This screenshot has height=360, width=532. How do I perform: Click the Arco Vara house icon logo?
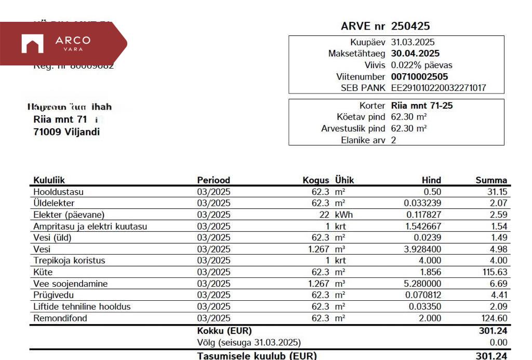(x=32, y=44)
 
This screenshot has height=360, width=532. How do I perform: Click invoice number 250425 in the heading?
(x=410, y=26)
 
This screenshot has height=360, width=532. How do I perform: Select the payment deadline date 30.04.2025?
(x=415, y=54)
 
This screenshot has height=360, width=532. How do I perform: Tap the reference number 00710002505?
(x=419, y=77)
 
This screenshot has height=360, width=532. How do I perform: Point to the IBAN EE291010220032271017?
(x=438, y=88)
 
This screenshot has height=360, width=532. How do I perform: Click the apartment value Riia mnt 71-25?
(x=421, y=105)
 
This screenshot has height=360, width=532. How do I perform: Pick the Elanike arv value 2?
(x=393, y=140)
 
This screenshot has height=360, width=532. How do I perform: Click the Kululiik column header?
(x=49, y=180)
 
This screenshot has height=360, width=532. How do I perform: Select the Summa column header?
(x=491, y=180)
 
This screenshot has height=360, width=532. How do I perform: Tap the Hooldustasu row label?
(x=58, y=192)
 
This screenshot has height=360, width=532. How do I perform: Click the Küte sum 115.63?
(x=495, y=272)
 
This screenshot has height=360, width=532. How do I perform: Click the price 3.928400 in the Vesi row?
(x=422, y=249)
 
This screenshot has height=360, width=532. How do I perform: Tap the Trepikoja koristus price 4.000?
(x=430, y=260)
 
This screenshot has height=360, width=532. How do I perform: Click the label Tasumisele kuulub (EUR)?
(x=257, y=356)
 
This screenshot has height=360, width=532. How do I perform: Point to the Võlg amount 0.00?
(x=498, y=342)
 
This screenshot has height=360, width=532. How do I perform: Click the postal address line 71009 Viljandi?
(x=66, y=132)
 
